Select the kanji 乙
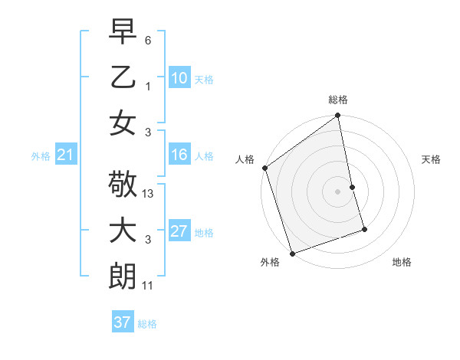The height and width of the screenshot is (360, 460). pyautogui.click(x=123, y=77)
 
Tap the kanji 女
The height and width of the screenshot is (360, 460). pyautogui.click(x=123, y=123)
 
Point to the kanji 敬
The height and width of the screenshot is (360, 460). pyautogui.click(x=123, y=185)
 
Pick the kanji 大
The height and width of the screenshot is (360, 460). pyautogui.click(x=123, y=231)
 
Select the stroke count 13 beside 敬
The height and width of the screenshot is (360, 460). pyautogui.click(x=149, y=194)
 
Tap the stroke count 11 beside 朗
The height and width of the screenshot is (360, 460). pyautogui.click(x=149, y=285)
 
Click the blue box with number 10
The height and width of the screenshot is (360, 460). pyautogui.click(x=179, y=78)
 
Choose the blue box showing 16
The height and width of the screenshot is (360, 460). pyautogui.click(x=179, y=155)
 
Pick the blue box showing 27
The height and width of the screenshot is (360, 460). pyautogui.click(x=179, y=231)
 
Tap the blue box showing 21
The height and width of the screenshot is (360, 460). pyautogui.click(x=65, y=155)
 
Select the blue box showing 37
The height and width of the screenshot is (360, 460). pyautogui.click(x=123, y=322)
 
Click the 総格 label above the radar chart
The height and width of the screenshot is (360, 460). pyautogui.click(x=338, y=100)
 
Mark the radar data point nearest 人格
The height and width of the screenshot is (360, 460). pyautogui.click(x=264, y=168)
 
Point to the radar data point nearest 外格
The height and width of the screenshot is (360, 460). pyautogui.click(x=292, y=254)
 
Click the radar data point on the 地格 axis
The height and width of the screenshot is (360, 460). pyautogui.click(x=364, y=229)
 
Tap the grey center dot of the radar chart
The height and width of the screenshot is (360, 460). pyautogui.click(x=338, y=191)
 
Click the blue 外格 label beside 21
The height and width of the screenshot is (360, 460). pyautogui.click(x=41, y=156)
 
